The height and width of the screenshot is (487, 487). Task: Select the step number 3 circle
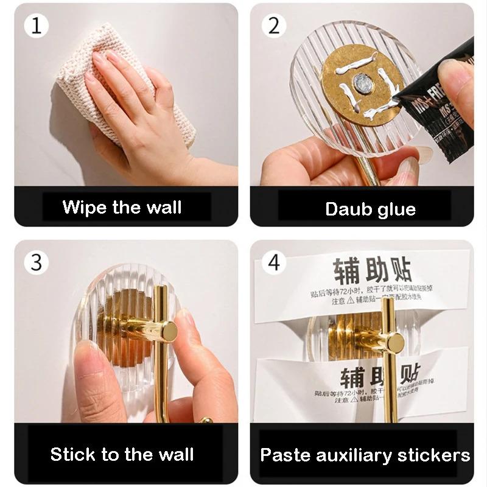35,262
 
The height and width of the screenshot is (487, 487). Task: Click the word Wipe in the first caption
85,207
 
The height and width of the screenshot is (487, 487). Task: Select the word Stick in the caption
72,454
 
